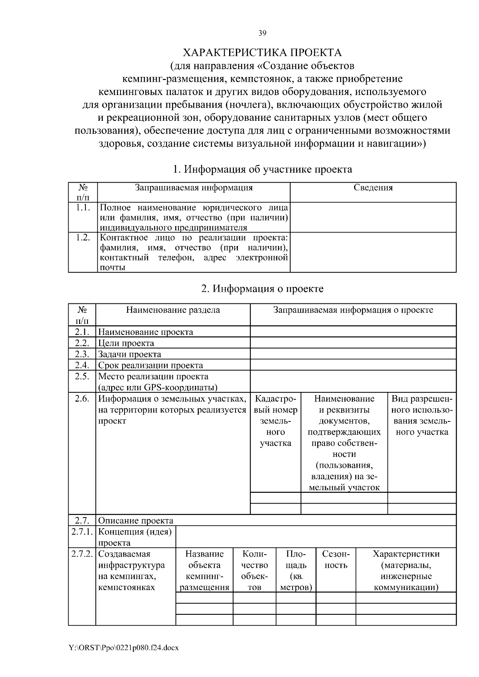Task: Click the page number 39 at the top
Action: [x=262, y=33]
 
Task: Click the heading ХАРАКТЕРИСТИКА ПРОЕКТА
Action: [x=262, y=53]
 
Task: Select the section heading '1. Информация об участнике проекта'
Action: [x=262, y=169]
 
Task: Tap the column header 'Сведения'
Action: [x=373, y=188]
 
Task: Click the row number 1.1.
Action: [x=83, y=208]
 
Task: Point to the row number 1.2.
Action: [x=83, y=238]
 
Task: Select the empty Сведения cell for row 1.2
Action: [x=373, y=252]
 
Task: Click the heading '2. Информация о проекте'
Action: [x=262, y=289]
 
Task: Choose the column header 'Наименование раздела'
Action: [x=173, y=310]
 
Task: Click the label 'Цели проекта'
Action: [x=126, y=343]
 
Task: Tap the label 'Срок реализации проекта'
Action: [x=150, y=366]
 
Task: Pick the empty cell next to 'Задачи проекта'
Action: [x=353, y=354]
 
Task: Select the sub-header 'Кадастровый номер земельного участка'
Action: [x=275, y=421]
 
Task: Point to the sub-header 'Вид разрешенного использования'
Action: [x=422, y=415]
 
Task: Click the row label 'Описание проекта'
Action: [x=136, y=521]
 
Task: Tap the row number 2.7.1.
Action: [x=82, y=532]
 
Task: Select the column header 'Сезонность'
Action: [x=336, y=560]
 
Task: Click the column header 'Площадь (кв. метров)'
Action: [x=296, y=571]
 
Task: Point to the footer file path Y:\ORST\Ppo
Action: [x=124, y=648]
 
